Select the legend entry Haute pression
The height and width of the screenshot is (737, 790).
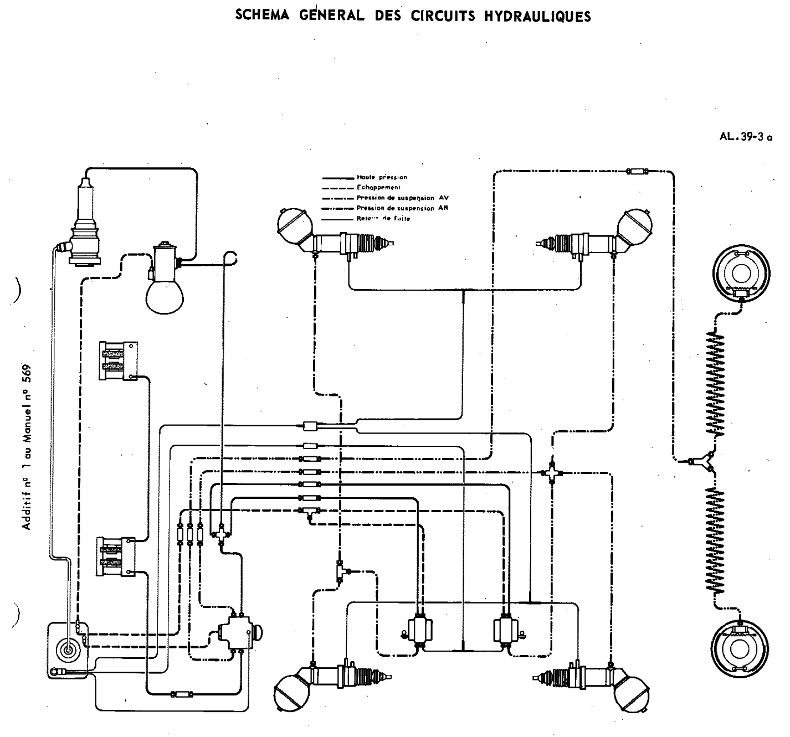pos(382,178)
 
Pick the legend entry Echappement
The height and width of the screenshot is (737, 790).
pos(375,188)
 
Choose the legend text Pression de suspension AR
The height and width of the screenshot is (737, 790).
pos(402,208)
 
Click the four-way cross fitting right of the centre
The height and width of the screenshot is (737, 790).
pos(552,472)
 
